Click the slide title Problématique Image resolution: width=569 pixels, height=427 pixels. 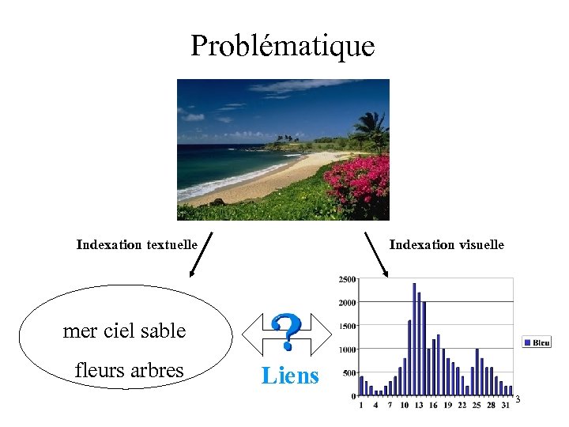(282, 46)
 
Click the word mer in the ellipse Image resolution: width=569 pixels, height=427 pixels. (79, 331)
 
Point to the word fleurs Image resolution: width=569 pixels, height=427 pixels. (99, 370)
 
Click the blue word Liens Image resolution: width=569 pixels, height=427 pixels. (290, 376)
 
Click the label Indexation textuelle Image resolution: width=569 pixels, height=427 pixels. (137, 244)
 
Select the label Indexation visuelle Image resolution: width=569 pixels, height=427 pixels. (447, 245)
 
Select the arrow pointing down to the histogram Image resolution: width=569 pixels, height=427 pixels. (377, 254)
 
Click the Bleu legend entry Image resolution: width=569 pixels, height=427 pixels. (537, 342)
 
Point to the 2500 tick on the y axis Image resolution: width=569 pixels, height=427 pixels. (347, 279)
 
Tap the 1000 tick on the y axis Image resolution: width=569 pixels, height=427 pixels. (347, 350)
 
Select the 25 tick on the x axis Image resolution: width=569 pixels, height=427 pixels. (476, 405)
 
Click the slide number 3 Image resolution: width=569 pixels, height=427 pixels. (518, 399)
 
